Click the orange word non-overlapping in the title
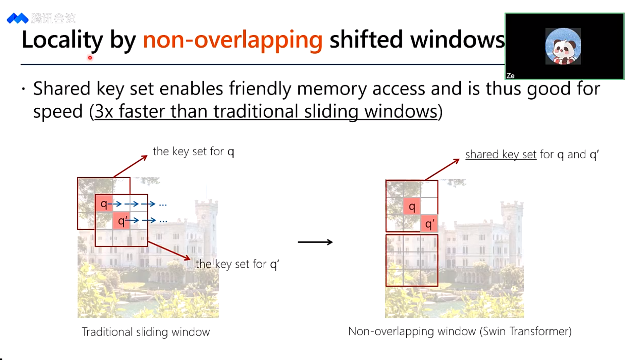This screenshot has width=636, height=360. click(x=232, y=40)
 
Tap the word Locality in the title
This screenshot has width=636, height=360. click(x=62, y=40)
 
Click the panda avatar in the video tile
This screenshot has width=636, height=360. click(x=563, y=47)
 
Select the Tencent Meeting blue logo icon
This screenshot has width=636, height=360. click(x=17, y=18)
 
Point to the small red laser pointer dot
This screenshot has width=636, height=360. click(x=90, y=58)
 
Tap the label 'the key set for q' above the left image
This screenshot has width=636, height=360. click(x=193, y=151)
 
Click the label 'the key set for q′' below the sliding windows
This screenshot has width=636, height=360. click(x=237, y=264)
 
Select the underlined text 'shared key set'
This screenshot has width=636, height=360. click(x=501, y=155)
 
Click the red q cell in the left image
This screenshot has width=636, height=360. click(x=104, y=204)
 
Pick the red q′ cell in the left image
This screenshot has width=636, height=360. click(x=121, y=221)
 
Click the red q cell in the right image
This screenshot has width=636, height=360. click(x=412, y=206)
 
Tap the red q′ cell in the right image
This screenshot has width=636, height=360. click(x=429, y=224)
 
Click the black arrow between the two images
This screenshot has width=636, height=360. click(x=315, y=242)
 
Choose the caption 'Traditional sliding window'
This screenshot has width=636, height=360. click(x=146, y=332)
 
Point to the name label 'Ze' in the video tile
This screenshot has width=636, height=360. click(x=510, y=76)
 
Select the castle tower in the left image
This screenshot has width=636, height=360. click(x=206, y=217)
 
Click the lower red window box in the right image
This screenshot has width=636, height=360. click(x=412, y=260)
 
